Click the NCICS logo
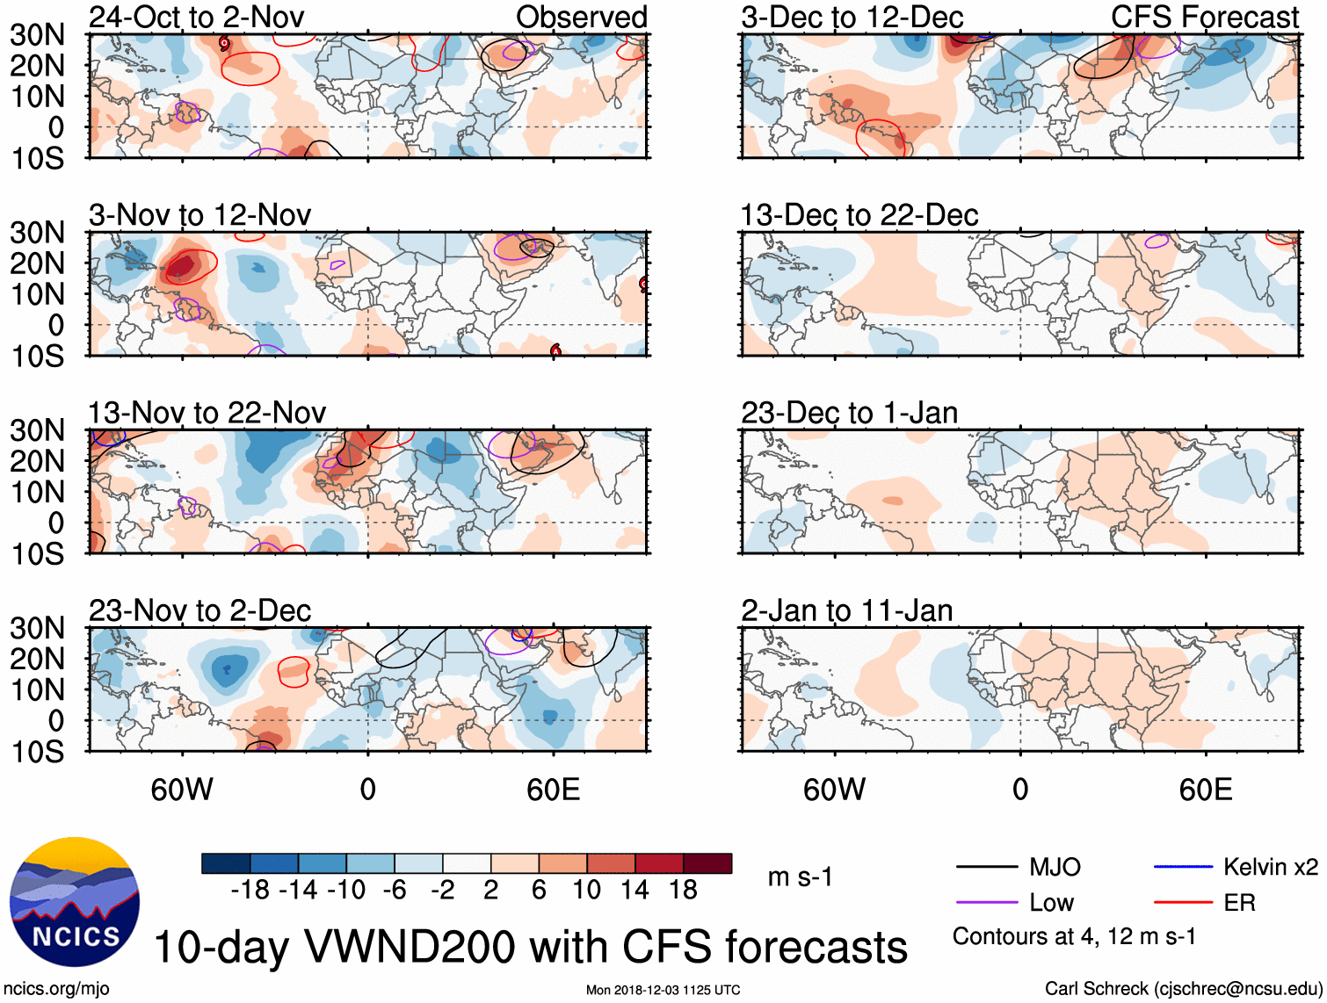click(x=74, y=901)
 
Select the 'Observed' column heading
click(x=581, y=17)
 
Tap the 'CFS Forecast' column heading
click(x=1204, y=17)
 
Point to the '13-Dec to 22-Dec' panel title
click(x=859, y=215)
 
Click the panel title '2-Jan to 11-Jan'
click(x=846, y=610)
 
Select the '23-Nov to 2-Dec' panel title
click(x=199, y=610)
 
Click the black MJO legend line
click(x=986, y=868)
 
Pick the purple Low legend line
click(x=986, y=903)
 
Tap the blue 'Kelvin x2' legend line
click(x=1183, y=868)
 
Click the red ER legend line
click(x=1183, y=903)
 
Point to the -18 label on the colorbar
click(x=250, y=890)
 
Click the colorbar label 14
click(x=634, y=890)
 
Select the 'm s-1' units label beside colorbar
click(x=800, y=877)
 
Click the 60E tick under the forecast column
click(x=1205, y=790)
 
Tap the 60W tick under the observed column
click(x=182, y=790)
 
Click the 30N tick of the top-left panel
click(x=37, y=35)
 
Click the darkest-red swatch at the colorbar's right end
click(x=707, y=863)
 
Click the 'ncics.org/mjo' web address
click(x=56, y=989)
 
